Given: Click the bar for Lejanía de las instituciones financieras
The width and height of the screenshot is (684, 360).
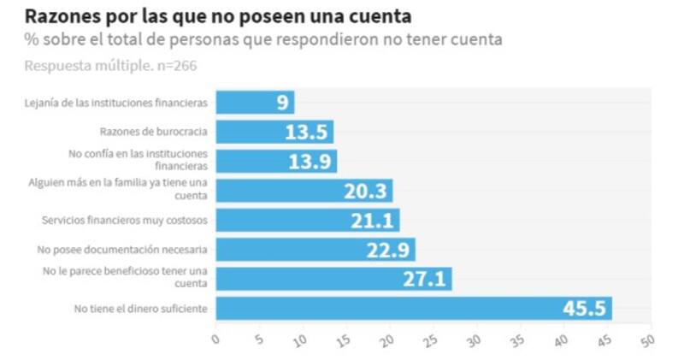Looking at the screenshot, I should (x=254, y=103).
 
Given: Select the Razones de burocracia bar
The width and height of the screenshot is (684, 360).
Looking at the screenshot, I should (x=274, y=132).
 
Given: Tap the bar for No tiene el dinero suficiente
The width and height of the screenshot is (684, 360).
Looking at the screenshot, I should (x=413, y=308).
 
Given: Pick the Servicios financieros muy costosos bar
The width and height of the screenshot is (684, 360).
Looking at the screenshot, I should (x=307, y=220).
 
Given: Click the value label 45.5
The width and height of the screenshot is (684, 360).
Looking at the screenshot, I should (x=584, y=309).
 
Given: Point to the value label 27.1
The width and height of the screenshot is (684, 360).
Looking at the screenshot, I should (x=424, y=280).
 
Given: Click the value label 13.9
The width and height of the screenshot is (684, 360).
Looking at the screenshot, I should (x=310, y=162).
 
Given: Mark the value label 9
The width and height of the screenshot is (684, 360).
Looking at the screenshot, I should (x=281, y=103).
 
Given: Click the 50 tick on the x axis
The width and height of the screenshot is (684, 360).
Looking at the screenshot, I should (x=646, y=339).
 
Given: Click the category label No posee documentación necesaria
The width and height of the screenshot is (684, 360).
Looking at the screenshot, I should (x=122, y=250).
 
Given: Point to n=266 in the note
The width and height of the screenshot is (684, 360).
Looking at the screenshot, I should (x=174, y=65).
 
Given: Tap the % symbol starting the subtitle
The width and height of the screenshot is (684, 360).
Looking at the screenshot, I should (x=32, y=39).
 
